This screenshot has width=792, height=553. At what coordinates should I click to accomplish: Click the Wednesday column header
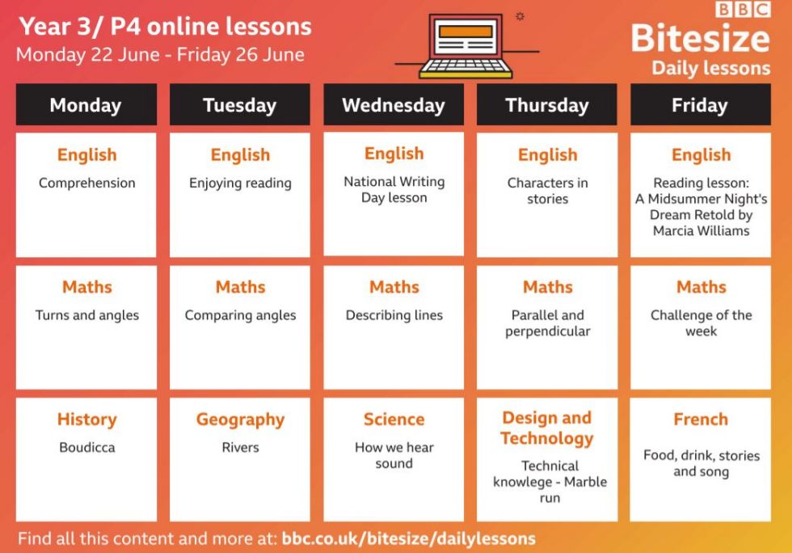394,104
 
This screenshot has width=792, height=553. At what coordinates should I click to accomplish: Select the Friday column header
700,104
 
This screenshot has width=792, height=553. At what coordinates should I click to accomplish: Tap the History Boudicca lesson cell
86,459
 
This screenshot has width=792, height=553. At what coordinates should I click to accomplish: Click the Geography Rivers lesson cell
240,459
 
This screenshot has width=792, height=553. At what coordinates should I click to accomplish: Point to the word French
701,419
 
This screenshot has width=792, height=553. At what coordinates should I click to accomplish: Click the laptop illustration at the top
466,46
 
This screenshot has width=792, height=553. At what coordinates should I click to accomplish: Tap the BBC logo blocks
743,10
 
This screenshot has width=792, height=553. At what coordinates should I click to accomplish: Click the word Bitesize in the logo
700,39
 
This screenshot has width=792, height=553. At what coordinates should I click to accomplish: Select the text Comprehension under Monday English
87,183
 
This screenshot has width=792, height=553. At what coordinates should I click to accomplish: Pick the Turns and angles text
87,315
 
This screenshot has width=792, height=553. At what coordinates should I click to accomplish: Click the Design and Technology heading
547,428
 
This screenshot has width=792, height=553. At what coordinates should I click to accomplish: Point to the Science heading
394,419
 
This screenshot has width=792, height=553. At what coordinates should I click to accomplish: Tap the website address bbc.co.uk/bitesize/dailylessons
409,538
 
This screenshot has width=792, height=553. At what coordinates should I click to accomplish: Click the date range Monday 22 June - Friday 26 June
160,55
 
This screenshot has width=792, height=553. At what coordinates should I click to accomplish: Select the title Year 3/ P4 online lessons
165,27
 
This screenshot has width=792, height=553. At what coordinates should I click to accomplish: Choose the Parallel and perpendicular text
548,323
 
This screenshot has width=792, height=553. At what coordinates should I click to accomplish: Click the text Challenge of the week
701,323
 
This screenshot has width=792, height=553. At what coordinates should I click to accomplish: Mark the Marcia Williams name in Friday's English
701,230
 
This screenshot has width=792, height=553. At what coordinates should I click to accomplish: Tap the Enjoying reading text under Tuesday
241,183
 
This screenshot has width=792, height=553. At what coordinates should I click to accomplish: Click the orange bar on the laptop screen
466,32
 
